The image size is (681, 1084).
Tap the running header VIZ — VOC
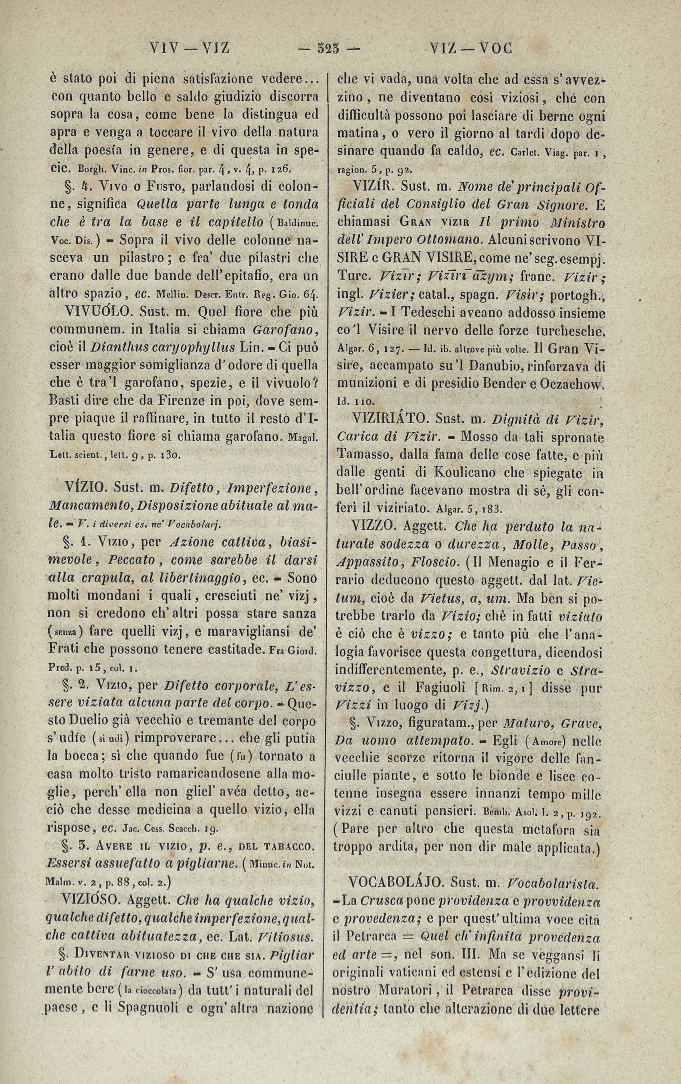[x=471, y=48]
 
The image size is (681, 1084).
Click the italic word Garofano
[x=286, y=329]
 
